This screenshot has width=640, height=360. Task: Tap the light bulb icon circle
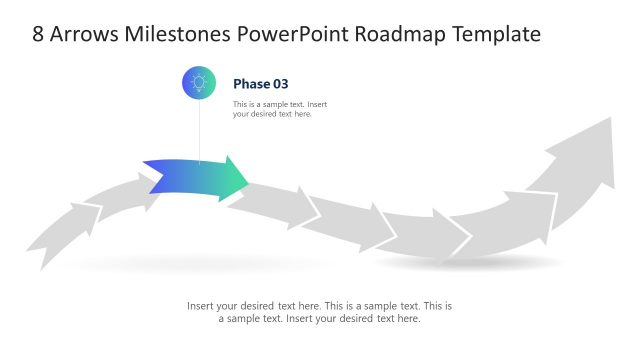[199, 83]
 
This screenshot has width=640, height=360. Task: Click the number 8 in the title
[38, 34]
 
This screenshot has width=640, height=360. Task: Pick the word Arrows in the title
[85, 34]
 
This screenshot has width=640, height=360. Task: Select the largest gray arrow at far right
[580, 175]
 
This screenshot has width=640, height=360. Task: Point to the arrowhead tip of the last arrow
[611, 119]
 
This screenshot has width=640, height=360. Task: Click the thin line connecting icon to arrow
[199, 130]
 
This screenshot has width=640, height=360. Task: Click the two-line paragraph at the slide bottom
[319, 312]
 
